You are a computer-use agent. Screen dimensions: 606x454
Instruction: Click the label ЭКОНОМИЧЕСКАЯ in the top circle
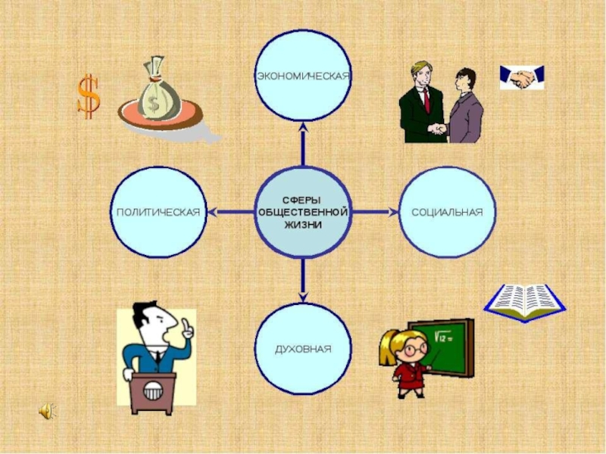coord(302,76)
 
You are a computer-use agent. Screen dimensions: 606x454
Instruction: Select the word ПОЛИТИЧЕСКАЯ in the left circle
coord(158,213)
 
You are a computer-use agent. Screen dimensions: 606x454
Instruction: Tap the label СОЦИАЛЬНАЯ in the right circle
coord(447,213)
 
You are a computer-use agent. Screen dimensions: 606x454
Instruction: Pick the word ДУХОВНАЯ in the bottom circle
coord(303,350)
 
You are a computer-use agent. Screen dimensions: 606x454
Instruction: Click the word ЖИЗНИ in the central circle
coord(303,225)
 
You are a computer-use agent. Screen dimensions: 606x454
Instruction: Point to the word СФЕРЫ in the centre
coord(303,198)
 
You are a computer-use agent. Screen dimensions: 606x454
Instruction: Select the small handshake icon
coord(521,78)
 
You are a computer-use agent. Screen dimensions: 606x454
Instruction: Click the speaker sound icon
coord(47,411)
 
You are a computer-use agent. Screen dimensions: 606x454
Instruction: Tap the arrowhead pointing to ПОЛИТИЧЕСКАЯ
coord(212,212)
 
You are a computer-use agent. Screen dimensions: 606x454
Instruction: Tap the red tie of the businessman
coord(426,98)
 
